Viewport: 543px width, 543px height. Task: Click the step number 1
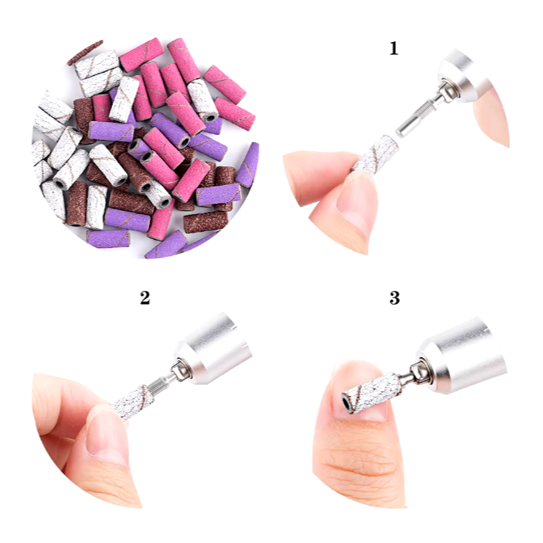tap(394, 48)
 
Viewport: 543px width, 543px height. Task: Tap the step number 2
tap(145, 297)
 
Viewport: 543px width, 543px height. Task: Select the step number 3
tap(394, 297)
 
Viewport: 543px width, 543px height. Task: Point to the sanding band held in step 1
tap(376, 154)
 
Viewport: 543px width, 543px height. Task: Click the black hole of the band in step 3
tap(345, 403)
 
